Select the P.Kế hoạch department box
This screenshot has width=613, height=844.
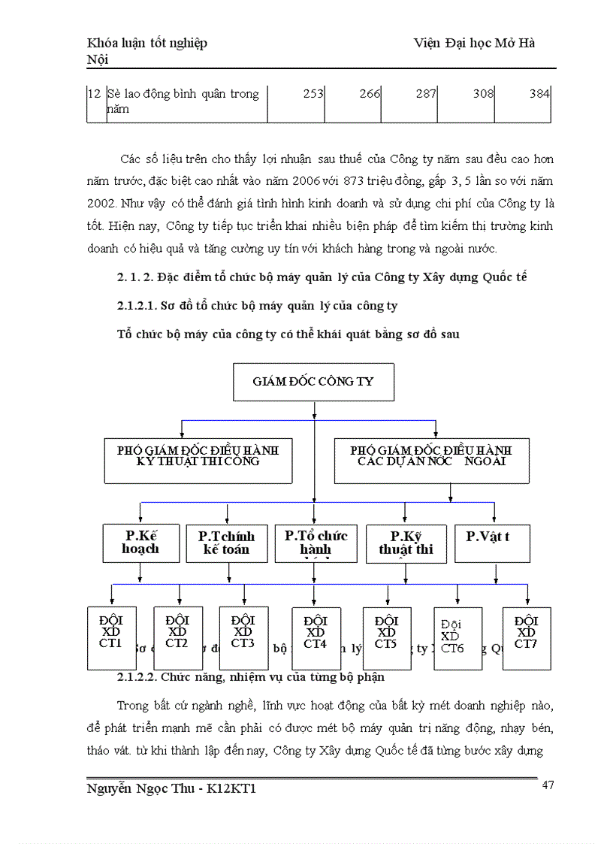click(x=140, y=543)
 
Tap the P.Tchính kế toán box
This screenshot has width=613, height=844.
click(x=226, y=543)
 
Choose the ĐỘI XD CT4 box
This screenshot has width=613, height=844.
click(x=316, y=638)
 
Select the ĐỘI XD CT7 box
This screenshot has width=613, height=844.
click(x=527, y=637)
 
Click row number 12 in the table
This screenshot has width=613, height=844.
click(x=95, y=94)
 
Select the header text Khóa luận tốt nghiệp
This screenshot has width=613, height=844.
click(x=147, y=44)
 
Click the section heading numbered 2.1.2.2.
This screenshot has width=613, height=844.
click(x=251, y=676)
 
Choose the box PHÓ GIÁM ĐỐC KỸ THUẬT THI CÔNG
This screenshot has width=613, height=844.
click(x=198, y=461)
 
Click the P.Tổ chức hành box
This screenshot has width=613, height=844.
click(x=316, y=543)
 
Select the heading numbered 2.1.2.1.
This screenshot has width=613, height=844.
click(x=258, y=306)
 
